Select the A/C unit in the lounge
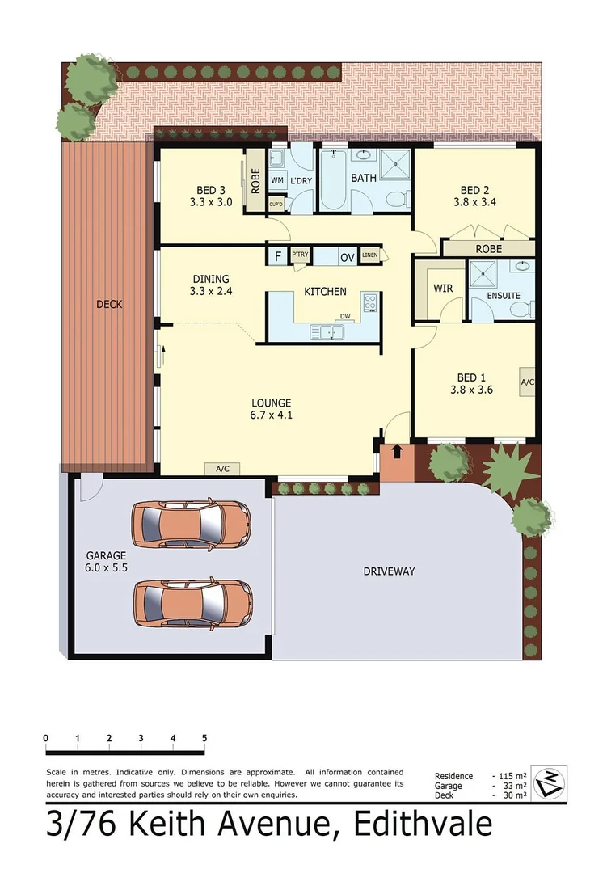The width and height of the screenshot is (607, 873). click(x=221, y=468)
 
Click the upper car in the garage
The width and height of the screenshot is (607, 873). click(x=191, y=525)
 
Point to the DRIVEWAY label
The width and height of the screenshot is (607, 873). click(x=389, y=571)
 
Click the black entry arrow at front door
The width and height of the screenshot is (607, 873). click(x=396, y=449)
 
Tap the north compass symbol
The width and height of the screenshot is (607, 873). click(x=550, y=782)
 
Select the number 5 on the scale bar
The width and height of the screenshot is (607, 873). click(x=204, y=738)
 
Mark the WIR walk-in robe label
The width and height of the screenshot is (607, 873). click(x=442, y=288)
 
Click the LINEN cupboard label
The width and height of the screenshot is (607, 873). click(x=370, y=256)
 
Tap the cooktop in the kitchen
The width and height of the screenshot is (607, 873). click(x=370, y=302)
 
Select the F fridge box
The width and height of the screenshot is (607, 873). click(x=278, y=257)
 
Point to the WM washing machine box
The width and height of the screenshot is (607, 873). click(x=277, y=180)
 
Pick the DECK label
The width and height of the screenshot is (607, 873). click(x=109, y=304)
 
